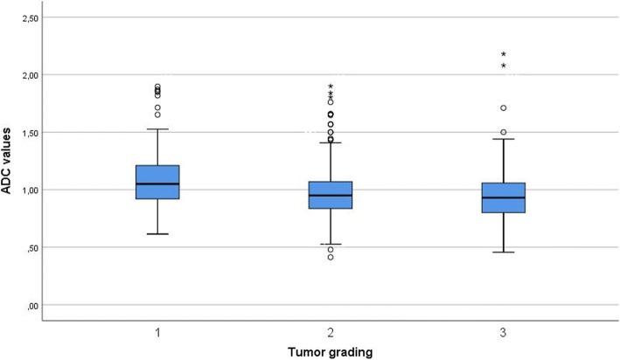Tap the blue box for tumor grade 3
point(503,197)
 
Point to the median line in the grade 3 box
point(503,197)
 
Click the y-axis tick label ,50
point(31,247)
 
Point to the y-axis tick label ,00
point(31,305)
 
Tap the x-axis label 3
point(503,333)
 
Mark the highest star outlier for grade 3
point(503,54)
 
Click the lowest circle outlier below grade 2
point(330,257)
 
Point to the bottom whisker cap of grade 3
point(503,252)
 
